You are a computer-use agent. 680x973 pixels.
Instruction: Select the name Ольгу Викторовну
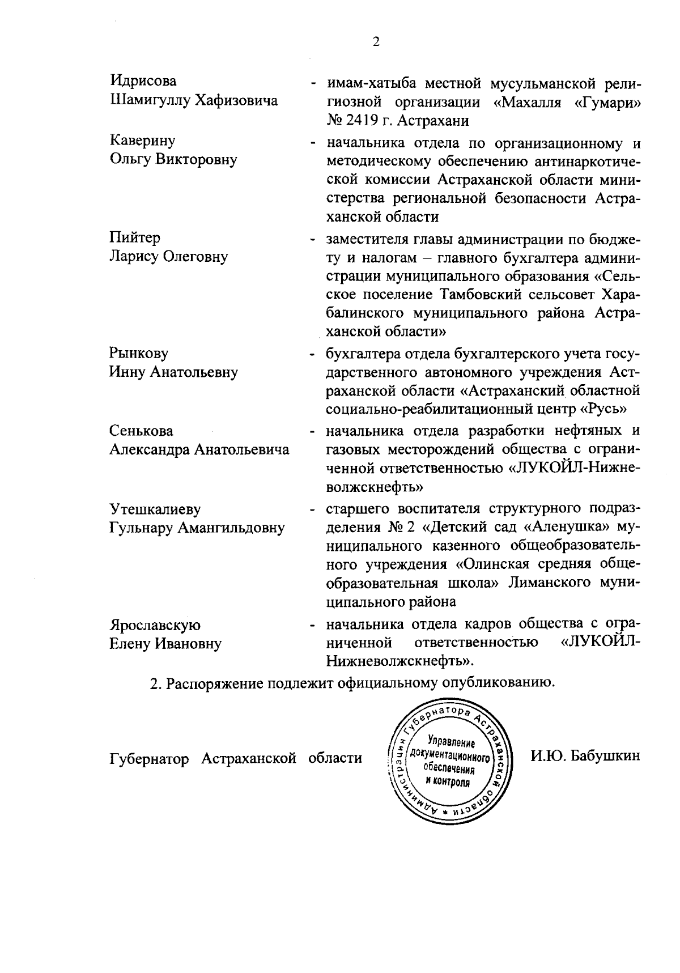(173, 159)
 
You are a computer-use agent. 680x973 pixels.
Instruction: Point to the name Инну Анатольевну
(173, 372)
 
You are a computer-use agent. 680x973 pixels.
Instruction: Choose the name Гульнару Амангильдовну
(197, 528)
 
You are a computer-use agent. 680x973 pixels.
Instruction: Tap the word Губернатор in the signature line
(149, 758)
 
